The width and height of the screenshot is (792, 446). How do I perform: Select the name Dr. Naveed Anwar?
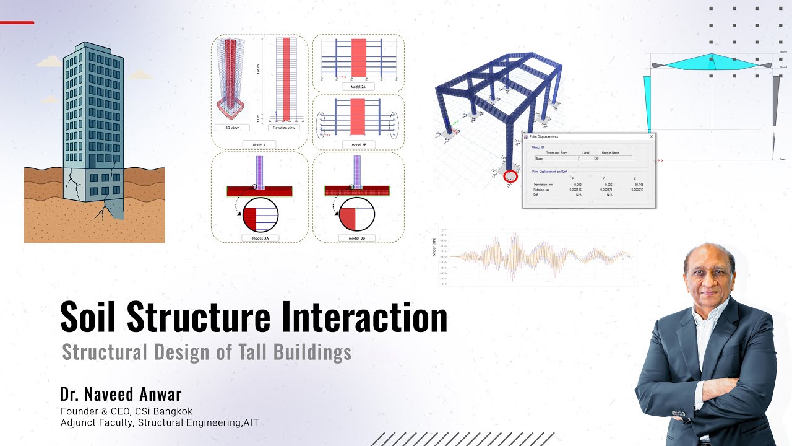pos(121,395)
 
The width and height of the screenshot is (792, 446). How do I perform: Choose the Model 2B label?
pos(358,144)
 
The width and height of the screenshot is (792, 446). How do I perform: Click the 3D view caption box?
pos(231,128)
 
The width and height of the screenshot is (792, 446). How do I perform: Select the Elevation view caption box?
pos(284,128)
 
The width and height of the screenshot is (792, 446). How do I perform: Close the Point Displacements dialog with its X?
pos(651,136)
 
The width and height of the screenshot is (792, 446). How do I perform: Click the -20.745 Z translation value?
pos(639,185)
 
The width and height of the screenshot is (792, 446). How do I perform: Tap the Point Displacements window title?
pos(544,136)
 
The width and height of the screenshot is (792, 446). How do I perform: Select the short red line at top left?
pos(17,22)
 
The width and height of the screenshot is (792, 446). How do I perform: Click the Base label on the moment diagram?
pos(782,159)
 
